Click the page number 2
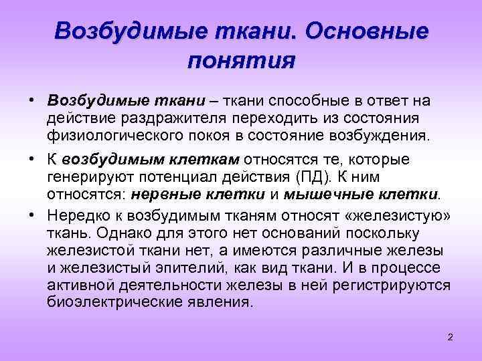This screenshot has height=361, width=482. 451,336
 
